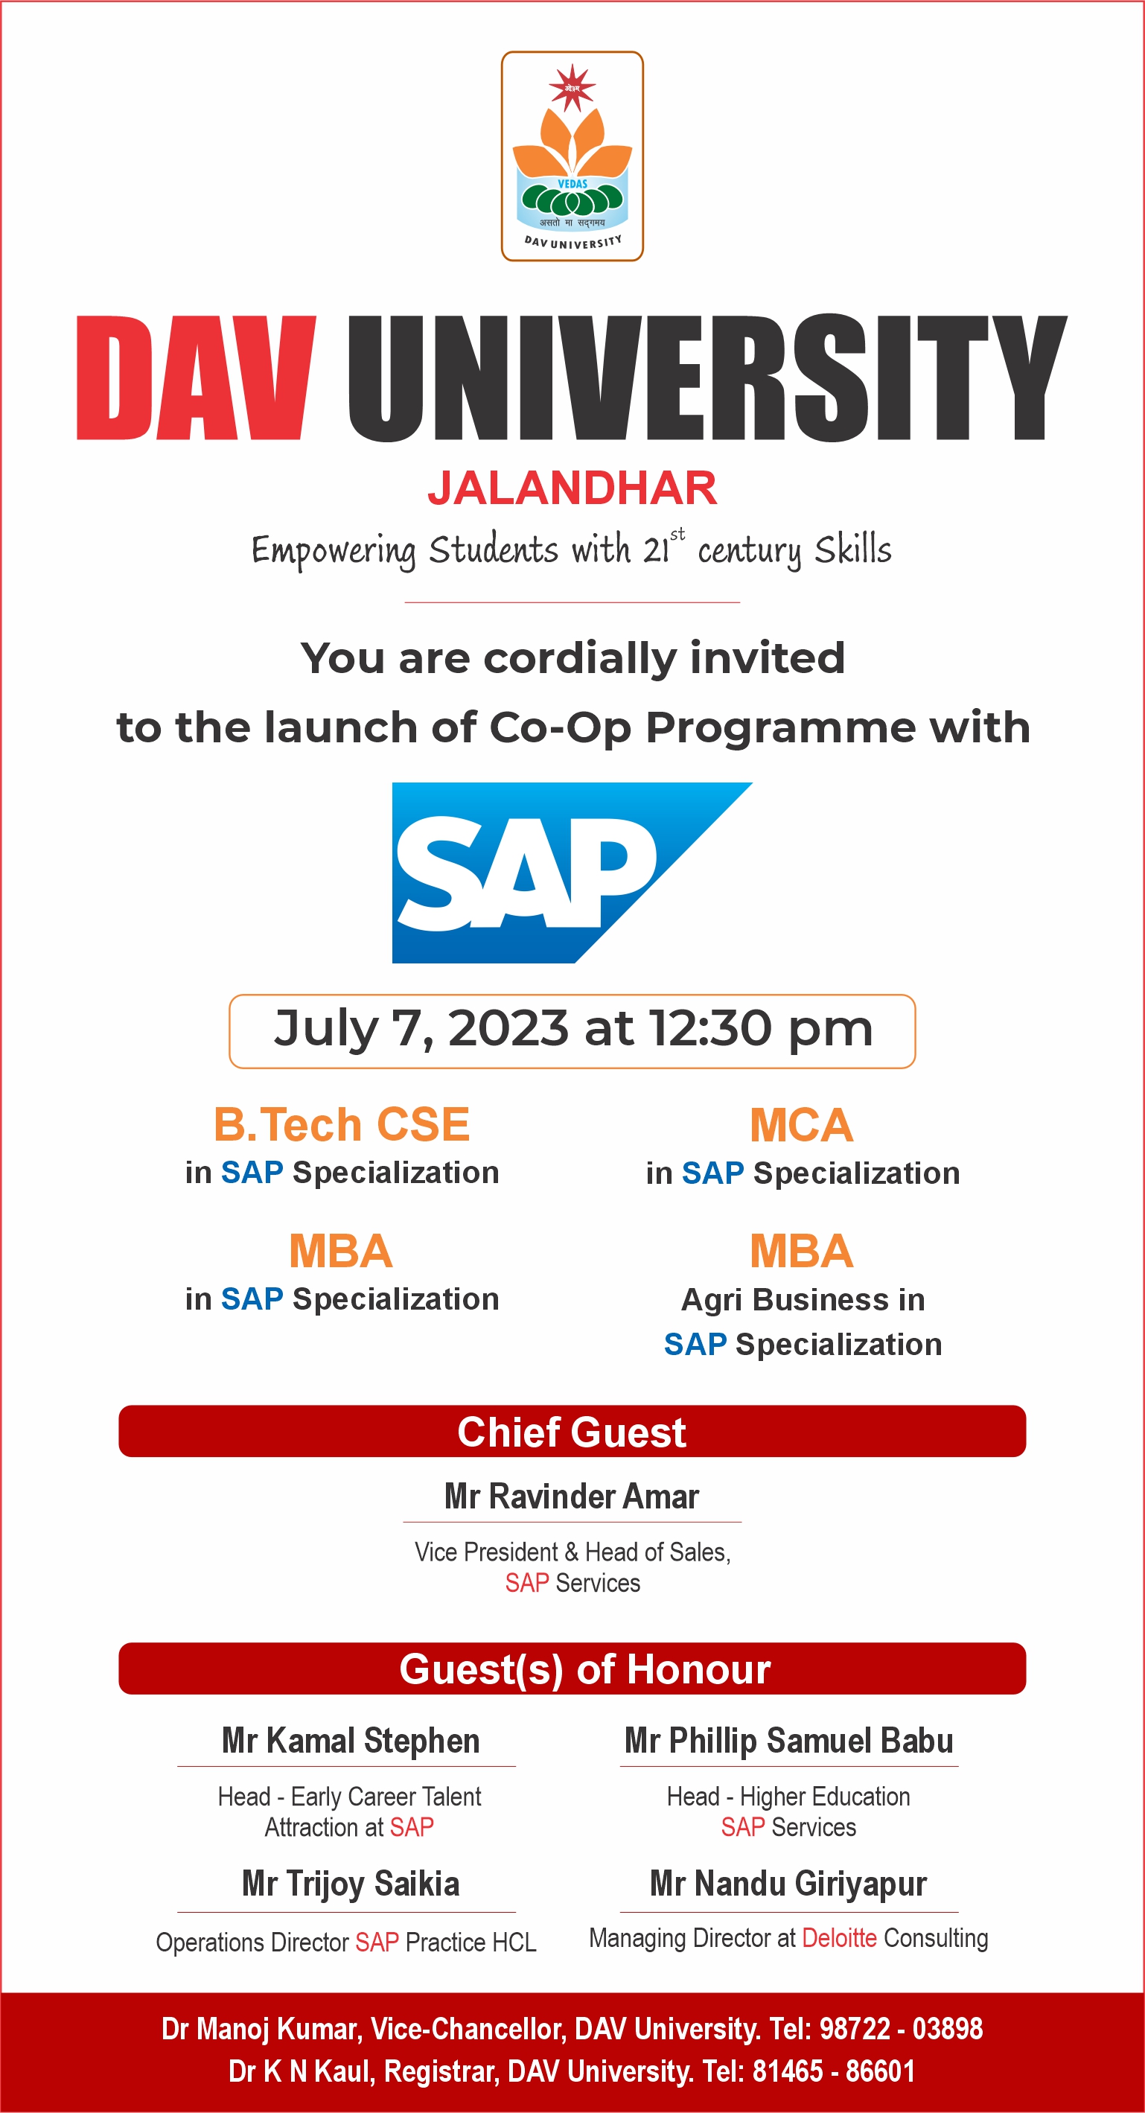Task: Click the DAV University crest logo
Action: [572, 156]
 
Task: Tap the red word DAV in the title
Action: [196, 377]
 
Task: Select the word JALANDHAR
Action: [572, 488]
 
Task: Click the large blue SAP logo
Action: [572, 873]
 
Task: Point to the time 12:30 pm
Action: [761, 1030]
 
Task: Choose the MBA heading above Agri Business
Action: [801, 1251]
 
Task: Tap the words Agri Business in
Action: [803, 1300]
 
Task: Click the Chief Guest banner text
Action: [572, 1432]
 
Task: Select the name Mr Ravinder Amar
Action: [572, 1497]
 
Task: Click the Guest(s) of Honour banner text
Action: [585, 1669]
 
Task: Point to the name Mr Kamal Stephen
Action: [351, 1741]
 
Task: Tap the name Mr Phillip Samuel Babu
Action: [789, 1741]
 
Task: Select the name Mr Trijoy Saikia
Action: [351, 1884]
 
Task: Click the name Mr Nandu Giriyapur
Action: [788, 1884]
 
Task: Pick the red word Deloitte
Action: [839, 1937]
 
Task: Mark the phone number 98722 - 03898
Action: [901, 2029]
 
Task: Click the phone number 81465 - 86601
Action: [833, 2071]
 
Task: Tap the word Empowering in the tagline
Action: [334, 550]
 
